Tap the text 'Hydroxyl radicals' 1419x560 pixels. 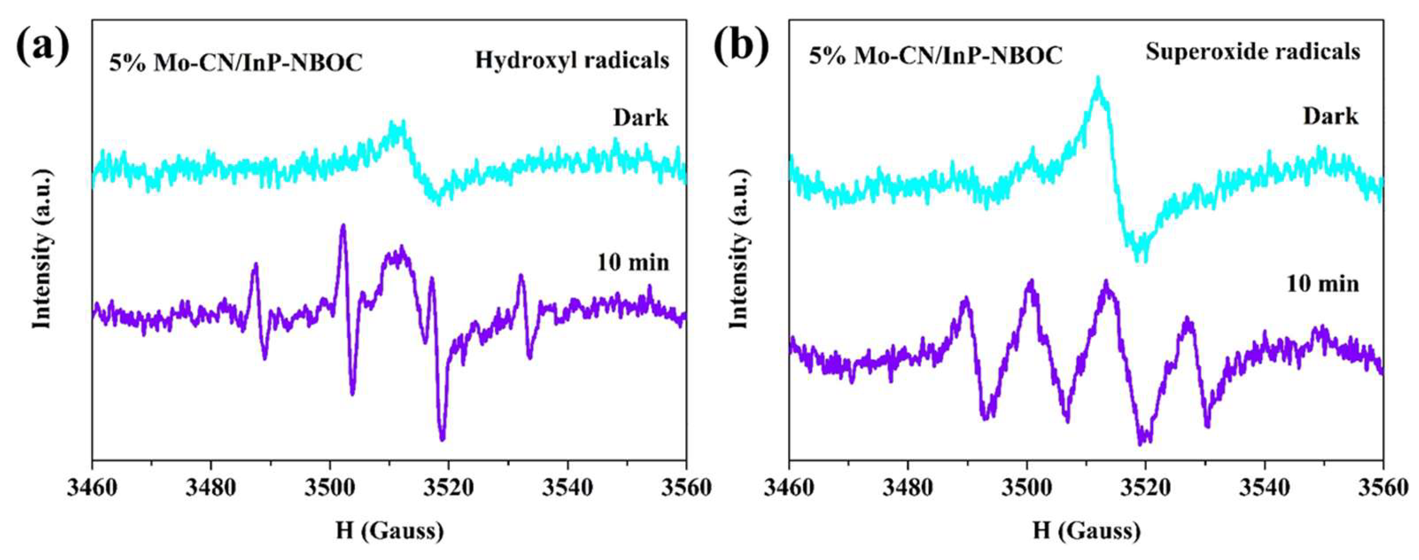point(572,60)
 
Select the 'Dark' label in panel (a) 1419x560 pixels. point(640,118)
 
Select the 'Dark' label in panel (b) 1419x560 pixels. point(1331,117)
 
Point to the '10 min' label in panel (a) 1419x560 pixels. point(633,263)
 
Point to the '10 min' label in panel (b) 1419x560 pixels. point(1322,284)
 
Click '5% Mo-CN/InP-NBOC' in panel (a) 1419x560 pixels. point(236,63)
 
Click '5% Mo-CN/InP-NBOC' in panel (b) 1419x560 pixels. point(935,56)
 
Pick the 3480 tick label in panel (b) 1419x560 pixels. point(907,488)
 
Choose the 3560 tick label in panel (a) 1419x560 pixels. point(686,488)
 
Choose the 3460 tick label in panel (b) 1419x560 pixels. point(789,488)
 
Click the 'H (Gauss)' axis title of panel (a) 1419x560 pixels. point(389,531)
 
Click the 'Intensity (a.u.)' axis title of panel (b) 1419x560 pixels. point(740,249)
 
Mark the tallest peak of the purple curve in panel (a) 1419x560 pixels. point(343,225)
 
